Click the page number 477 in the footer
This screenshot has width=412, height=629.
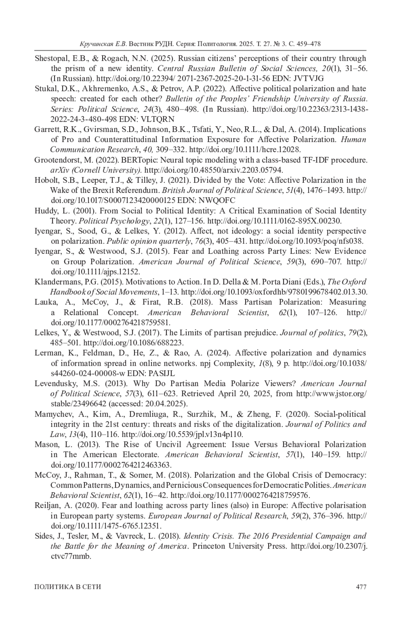tap(361, 587)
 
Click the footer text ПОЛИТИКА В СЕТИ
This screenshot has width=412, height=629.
tap(68, 587)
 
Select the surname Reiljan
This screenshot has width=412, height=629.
tap(48, 506)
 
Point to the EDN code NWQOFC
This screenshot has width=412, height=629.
tap(217, 201)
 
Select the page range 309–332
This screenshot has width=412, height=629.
tap(171, 150)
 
